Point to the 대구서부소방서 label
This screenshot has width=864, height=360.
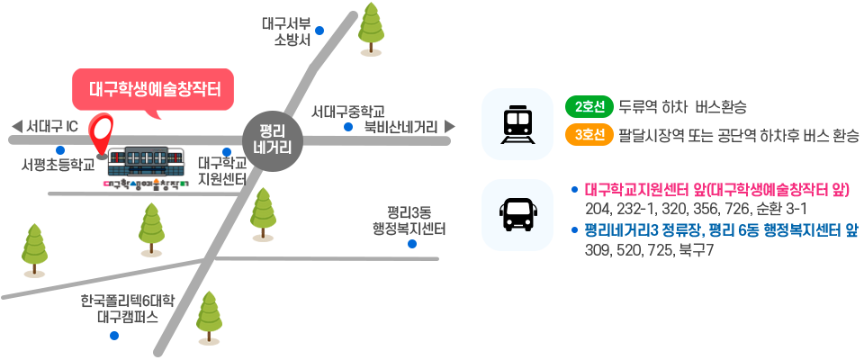(292, 31)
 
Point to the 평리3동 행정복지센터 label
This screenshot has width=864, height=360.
(410, 220)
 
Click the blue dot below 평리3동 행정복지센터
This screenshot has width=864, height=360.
(411, 243)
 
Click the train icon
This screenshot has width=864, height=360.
(517, 124)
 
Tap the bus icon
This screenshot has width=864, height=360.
(517, 214)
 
